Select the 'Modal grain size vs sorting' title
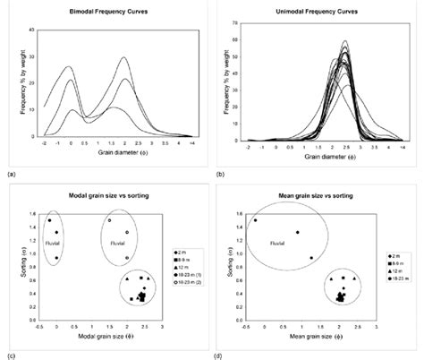point(104,194)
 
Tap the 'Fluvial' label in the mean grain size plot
point(279,240)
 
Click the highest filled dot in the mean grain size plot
point(255,220)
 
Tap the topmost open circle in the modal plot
point(109,220)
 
